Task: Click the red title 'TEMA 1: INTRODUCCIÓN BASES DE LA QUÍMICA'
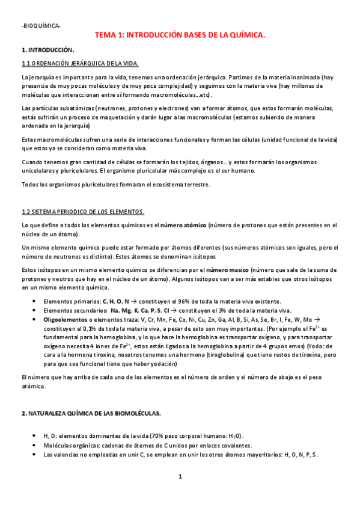tap(180, 35)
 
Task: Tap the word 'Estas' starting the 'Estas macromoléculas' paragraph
tap(29, 140)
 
